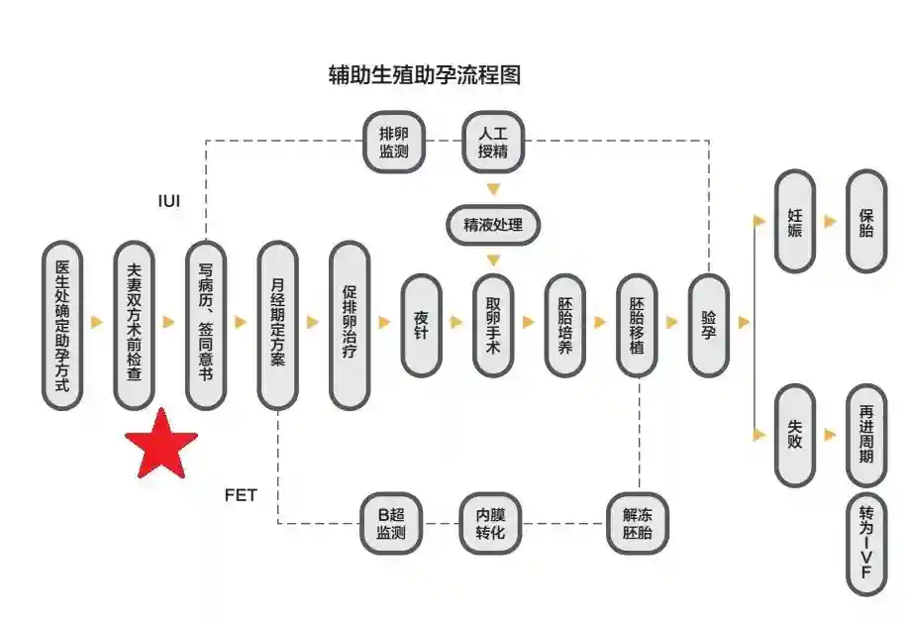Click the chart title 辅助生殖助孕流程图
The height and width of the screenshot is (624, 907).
coord(424,75)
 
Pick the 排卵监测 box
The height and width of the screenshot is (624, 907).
coord(393,142)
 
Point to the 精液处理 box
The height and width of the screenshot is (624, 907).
coord(493,225)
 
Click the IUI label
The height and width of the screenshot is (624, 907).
coord(170,200)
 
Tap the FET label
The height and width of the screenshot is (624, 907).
coord(241,494)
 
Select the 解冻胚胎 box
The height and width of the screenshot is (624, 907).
coord(638,523)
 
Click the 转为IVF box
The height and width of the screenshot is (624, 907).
coord(866,545)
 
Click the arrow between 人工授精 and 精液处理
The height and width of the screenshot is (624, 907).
coord(493,189)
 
